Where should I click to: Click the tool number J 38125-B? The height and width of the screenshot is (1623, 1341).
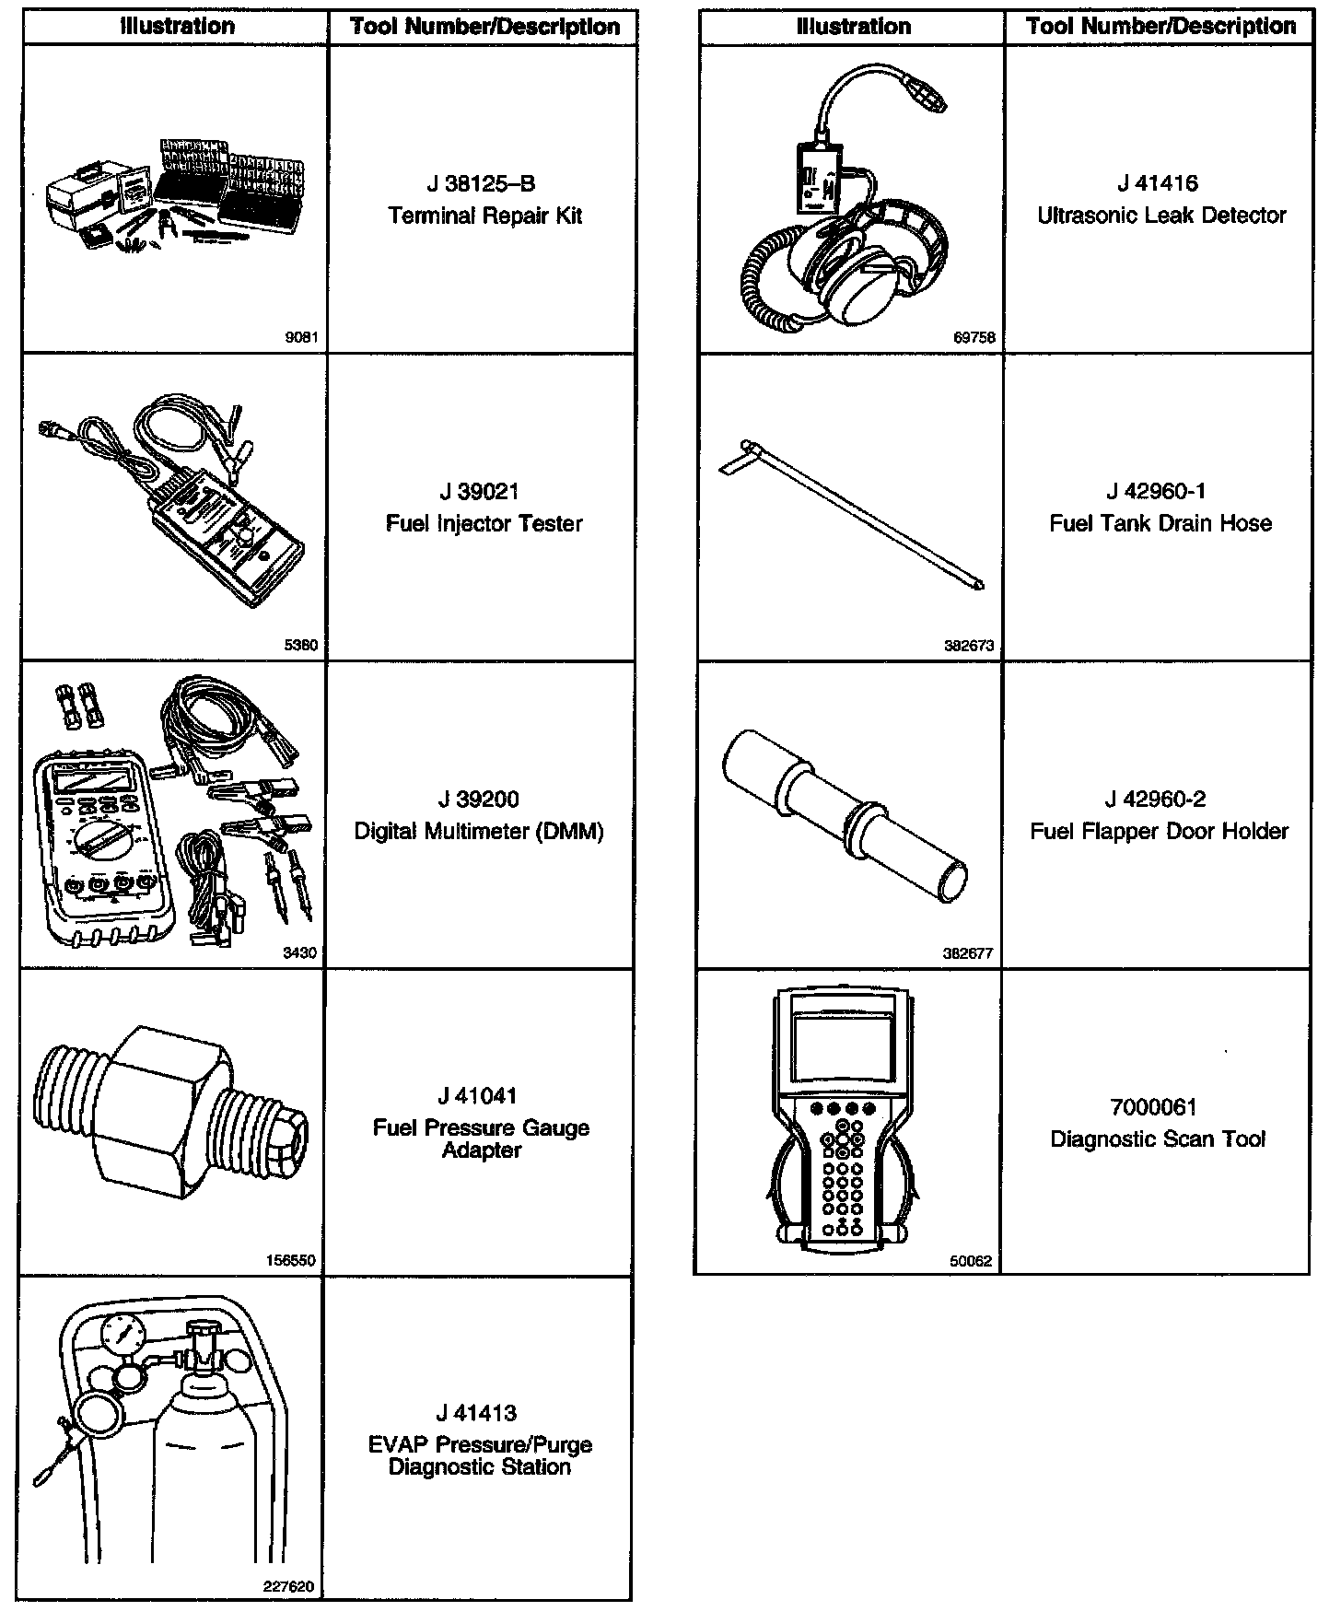click(481, 184)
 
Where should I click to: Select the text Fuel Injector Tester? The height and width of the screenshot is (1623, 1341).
click(484, 524)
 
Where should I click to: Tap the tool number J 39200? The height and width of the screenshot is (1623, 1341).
click(480, 800)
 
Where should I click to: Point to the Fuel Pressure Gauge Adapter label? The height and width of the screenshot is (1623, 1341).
click(481, 1138)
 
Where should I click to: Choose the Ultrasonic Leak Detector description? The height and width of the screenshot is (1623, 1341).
click(1161, 216)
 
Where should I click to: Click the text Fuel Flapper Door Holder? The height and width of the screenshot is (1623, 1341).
click(1159, 832)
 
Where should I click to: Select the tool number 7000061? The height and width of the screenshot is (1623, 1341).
click(1158, 1107)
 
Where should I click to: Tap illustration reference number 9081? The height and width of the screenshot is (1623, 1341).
click(301, 338)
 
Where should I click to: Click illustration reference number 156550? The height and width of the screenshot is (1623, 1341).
click(295, 1260)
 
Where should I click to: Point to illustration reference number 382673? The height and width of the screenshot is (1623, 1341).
click(969, 646)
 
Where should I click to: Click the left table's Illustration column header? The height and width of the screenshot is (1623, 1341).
click(177, 27)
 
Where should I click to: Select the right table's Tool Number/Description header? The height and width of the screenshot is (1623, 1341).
click(1160, 26)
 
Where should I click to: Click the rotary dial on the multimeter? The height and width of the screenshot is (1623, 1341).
click(99, 839)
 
